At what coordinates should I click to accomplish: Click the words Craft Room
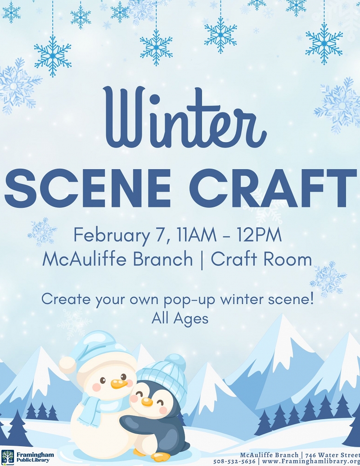coord(261,260)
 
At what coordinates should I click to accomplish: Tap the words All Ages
coord(180,318)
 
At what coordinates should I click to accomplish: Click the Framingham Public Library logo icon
coord(8,457)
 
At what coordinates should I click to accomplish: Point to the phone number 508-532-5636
coord(234,462)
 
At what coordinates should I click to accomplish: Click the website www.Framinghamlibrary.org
coord(310,462)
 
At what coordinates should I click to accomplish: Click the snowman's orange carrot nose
coord(117,384)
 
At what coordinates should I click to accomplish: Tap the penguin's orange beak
coord(146,401)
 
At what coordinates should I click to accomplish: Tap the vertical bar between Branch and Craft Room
coord(202,260)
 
